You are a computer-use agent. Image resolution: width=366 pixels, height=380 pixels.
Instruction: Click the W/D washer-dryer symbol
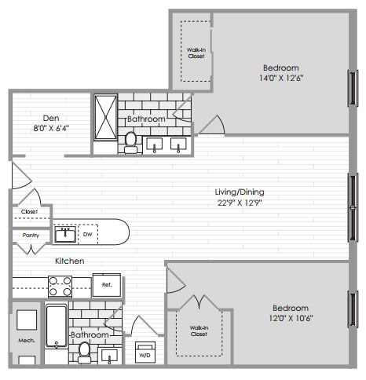pos(145,353)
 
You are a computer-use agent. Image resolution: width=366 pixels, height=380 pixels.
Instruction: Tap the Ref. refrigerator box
pos(107,285)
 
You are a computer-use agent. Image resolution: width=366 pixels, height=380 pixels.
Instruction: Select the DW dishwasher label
pos(87,234)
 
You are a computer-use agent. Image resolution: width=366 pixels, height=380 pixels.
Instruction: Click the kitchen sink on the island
pos(65,234)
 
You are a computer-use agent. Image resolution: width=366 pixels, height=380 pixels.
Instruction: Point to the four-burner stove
pos(60,287)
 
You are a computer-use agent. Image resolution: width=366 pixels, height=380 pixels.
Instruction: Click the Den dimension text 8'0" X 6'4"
pos(51,129)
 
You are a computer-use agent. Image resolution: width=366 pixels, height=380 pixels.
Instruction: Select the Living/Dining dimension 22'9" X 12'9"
pos(240,203)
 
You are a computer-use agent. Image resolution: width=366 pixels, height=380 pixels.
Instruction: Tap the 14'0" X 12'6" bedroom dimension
pos(281,78)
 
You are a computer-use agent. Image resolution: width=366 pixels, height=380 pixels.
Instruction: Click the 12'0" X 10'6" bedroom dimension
pos(291,318)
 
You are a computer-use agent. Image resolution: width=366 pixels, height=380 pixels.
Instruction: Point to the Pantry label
pos(31,236)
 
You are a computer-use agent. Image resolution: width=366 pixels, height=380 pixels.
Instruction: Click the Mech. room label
pos(27,341)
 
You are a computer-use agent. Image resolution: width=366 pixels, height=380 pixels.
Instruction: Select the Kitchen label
pos(70,261)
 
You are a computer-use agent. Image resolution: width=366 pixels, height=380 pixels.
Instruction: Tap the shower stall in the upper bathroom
pos(106,117)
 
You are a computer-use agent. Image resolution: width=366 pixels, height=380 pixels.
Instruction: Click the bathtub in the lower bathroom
pos(57,325)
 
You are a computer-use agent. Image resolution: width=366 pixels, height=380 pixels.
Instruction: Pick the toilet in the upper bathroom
pos(130,143)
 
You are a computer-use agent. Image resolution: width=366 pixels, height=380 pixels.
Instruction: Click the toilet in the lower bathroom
pos(84,353)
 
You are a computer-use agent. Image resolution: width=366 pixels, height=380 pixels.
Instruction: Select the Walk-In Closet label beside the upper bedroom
pos(196,53)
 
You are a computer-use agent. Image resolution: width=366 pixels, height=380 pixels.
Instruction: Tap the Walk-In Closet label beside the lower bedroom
pos(199,331)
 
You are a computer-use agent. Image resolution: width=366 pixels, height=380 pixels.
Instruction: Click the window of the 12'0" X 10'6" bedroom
pos(353,309)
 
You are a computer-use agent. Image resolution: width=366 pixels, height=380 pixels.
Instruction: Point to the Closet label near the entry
pos(29,211)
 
